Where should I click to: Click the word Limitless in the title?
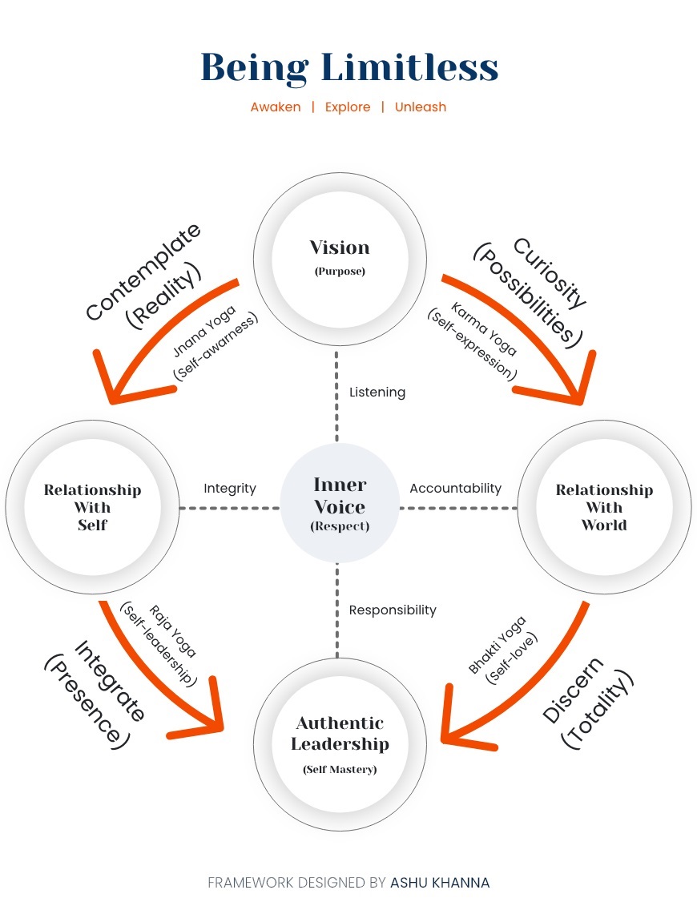(x=409, y=67)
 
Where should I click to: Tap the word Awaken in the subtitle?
(x=276, y=107)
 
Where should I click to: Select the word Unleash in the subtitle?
(x=421, y=107)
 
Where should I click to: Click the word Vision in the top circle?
(x=340, y=248)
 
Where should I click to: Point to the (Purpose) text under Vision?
(x=340, y=272)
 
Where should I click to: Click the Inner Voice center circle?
(x=340, y=504)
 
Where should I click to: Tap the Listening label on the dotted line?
(x=377, y=393)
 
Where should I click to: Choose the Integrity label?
(x=230, y=488)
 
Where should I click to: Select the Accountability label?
(x=455, y=488)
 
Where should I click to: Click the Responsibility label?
(x=393, y=610)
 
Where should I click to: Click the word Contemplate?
(x=143, y=273)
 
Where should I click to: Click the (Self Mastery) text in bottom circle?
(x=340, y=770)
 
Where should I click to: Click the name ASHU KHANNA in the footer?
(x=440, y=883)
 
